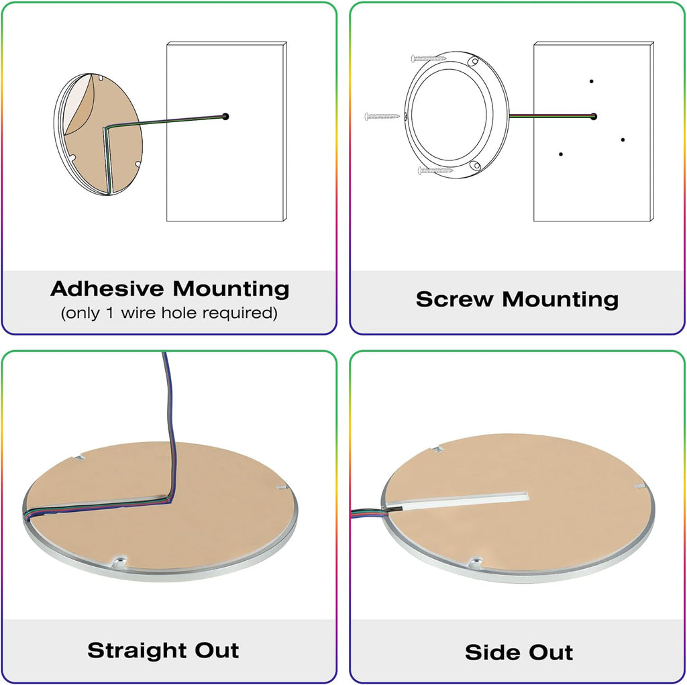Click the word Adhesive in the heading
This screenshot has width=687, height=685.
[107, 288]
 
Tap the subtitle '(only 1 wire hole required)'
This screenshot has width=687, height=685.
[169, 313]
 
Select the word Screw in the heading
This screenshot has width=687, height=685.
[455, 299]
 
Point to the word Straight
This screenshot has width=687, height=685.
[138, 650]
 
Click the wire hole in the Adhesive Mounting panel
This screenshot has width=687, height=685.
[225, 117]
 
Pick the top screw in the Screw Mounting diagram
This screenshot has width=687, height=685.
[429, 58]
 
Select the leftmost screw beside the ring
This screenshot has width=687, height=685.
[382, 116]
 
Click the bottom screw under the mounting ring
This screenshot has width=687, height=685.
[435, 170]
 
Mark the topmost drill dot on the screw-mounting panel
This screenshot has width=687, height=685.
[592, 81]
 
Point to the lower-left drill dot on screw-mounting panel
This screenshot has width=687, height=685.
[561, 154]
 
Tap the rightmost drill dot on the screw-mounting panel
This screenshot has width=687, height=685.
[623, 140]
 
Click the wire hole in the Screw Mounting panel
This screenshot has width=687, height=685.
[594, 117]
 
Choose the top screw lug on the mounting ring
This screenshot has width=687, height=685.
[472, 62]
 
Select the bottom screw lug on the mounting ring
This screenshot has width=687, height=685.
[476, 166]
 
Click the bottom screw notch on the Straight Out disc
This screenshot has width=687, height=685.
[119, 562]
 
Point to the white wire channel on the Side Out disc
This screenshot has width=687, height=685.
[464, 500]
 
